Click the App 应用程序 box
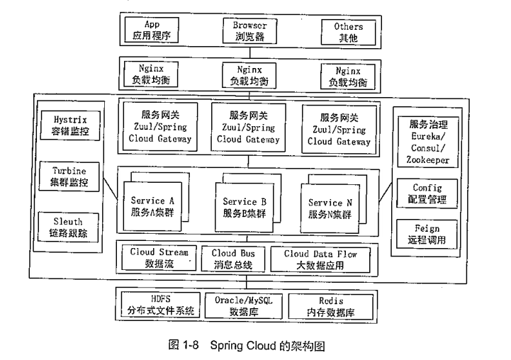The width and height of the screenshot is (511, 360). [152, 30]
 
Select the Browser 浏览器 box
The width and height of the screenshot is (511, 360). [250, 30]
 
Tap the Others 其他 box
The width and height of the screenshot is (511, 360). [348, 30]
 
